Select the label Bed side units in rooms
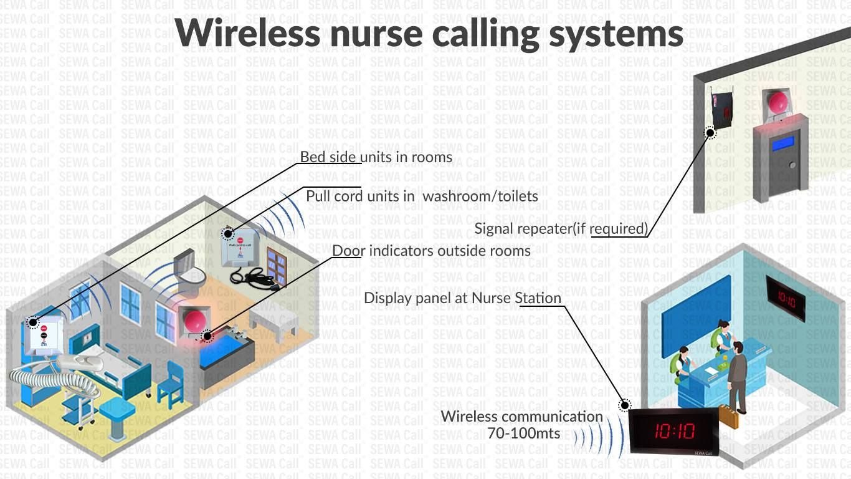(x=376, y=157)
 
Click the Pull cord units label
(x=422, y=196)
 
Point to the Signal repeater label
(x=561, y=228)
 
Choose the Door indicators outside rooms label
(x=431, y=251)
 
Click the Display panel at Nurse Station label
(x=462, y=298)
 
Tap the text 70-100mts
(x=523, y=433)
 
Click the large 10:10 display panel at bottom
(x=673, y=431)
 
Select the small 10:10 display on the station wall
(x=786, y=299)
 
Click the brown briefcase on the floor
(x=729, y=416)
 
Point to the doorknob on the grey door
(x=792, y=165)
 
